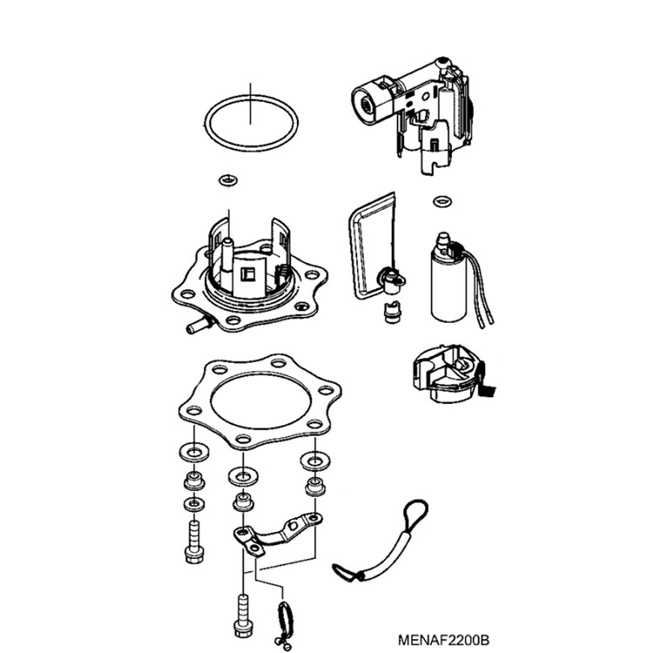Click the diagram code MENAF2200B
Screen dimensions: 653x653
point(443,639)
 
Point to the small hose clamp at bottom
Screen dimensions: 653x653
point(286,624)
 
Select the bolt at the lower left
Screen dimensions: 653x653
point(194,541)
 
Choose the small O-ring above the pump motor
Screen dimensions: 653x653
point(442,202)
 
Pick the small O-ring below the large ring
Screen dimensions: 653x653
point(229,180)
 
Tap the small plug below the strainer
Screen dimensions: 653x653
point(392,312)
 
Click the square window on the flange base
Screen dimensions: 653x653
point(247,274)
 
